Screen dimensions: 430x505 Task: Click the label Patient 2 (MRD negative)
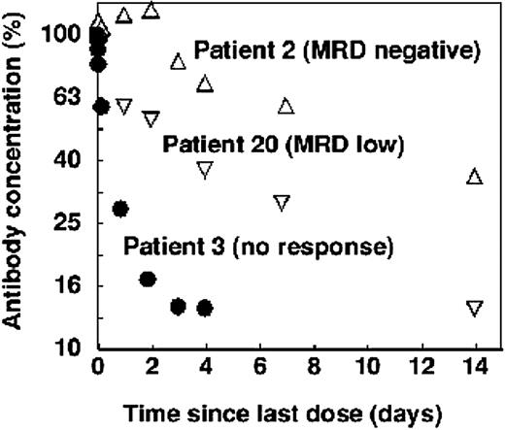click(336, 49)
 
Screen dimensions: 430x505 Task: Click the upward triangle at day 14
click(475, 176)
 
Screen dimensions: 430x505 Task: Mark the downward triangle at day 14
click(475, 309)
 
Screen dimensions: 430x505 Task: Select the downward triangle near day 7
click(282, 203)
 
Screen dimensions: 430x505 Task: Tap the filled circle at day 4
click(205, 308)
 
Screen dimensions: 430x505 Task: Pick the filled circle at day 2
click(148, 280)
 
